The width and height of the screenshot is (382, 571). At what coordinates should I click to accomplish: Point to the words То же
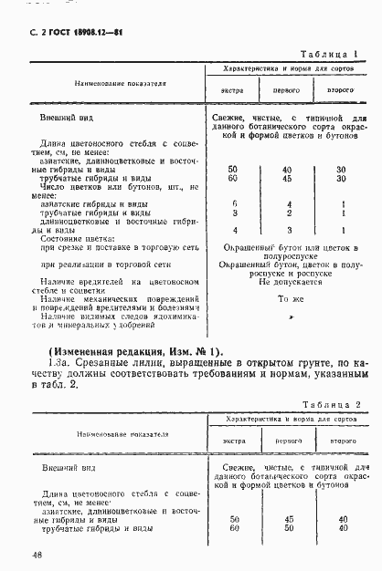pos(289,299)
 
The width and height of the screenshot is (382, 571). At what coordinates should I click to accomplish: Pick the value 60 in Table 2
pos(233,527)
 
